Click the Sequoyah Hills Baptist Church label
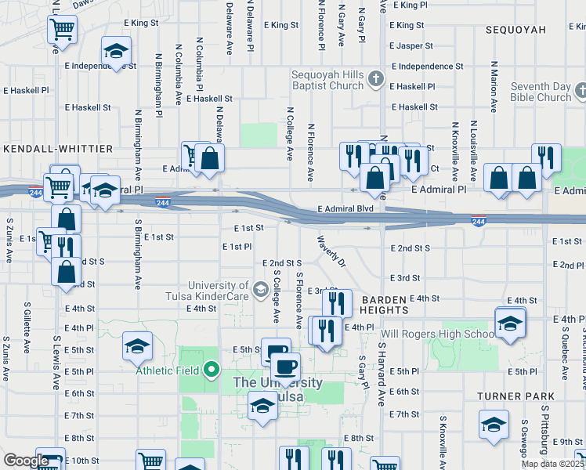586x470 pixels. tap(327, 79)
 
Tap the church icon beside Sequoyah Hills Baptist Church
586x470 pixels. tap(375, 78)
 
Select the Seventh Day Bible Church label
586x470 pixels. tap(540, 92)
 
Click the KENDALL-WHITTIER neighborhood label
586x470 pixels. tap(58, 148)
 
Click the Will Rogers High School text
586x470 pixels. tap(435, 334)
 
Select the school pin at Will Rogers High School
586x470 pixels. tap(509, 323)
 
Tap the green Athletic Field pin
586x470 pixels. tap(211, 368)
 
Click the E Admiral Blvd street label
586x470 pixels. tap(345, 209)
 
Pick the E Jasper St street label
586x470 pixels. tap(420, 46)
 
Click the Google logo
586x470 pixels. tap(26, 461)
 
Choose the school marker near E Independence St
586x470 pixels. tap(116, 52)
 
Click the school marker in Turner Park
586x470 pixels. tap(494, 425)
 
